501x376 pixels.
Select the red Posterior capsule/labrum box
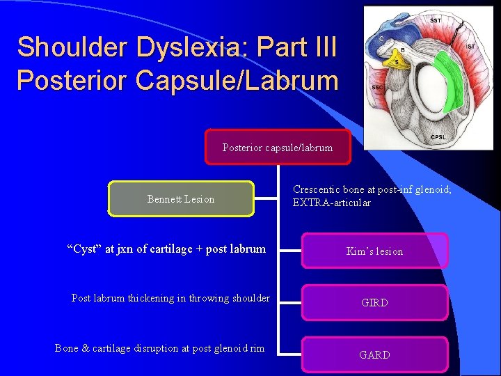[278, 147]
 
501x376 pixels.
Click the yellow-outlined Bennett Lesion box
[181, 199]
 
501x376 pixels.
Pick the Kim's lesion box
[374, 251]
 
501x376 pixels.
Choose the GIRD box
[374, 303]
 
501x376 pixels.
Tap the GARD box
[374, 354]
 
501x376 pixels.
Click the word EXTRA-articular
[332, 203]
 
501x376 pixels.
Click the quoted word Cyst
[82, 249]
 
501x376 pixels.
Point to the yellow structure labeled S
[397, 62]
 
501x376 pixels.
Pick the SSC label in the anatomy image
[378, 88]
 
